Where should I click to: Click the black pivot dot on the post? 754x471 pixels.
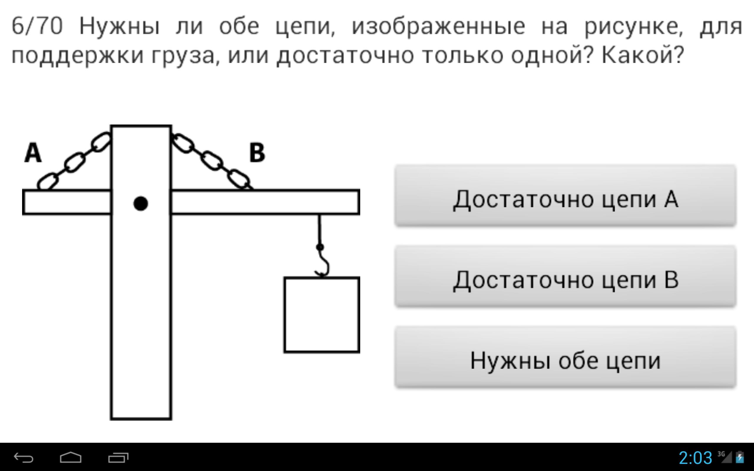140,203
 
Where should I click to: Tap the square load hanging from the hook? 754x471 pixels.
322,315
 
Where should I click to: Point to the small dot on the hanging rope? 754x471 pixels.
320,247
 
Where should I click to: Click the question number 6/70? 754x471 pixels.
37,26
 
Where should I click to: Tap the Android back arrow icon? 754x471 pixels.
24,457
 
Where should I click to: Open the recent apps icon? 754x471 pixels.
118,457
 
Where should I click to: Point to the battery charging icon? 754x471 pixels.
740,457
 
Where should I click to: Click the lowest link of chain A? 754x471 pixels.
47,181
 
